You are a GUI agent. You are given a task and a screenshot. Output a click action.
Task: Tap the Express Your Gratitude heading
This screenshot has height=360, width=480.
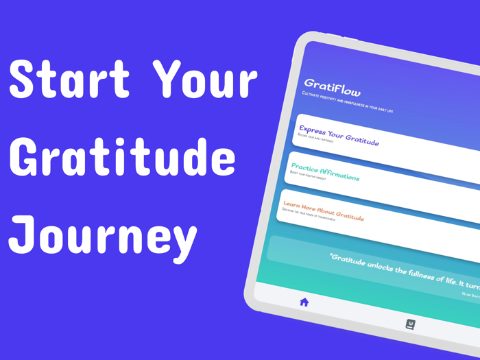(339, 136)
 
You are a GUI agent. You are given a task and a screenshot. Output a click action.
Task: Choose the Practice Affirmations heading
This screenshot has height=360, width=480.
(325, 172)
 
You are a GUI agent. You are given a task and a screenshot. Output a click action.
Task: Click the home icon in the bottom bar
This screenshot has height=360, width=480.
(304, 302)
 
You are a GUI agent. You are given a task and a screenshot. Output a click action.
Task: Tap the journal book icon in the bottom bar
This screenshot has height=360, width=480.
(411, 324)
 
